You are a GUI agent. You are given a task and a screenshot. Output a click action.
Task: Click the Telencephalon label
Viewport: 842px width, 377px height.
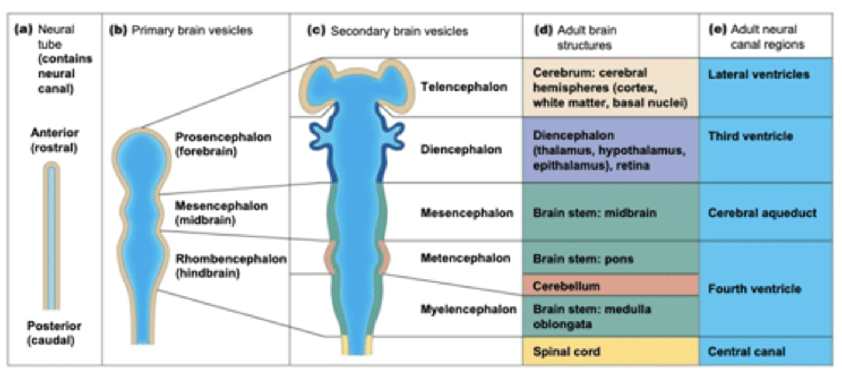pos(464,87)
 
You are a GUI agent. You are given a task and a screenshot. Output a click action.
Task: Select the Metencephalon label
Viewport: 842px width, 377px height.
pos(465,258)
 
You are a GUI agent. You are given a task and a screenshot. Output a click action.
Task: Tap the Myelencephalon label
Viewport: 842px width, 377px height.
pos(468,309)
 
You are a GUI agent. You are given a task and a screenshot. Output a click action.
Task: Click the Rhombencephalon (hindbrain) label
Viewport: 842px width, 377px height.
pos(230,265)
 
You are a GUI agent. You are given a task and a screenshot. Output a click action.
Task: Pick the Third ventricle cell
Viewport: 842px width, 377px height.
pos(765,150)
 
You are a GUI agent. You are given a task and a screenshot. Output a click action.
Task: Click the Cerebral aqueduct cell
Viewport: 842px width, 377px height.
pos(765,213)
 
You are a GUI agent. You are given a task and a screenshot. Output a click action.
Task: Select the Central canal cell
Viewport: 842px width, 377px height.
pos(765,352)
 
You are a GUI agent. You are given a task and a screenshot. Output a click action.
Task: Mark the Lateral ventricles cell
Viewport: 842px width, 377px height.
pos(765,87)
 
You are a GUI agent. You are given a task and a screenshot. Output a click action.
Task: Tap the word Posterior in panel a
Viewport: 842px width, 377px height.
pos(54,326)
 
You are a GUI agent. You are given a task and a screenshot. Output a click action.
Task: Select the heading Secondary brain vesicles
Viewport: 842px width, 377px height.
pos(399,31)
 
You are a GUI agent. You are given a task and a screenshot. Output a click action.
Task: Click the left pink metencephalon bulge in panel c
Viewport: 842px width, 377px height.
pos(329,258)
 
